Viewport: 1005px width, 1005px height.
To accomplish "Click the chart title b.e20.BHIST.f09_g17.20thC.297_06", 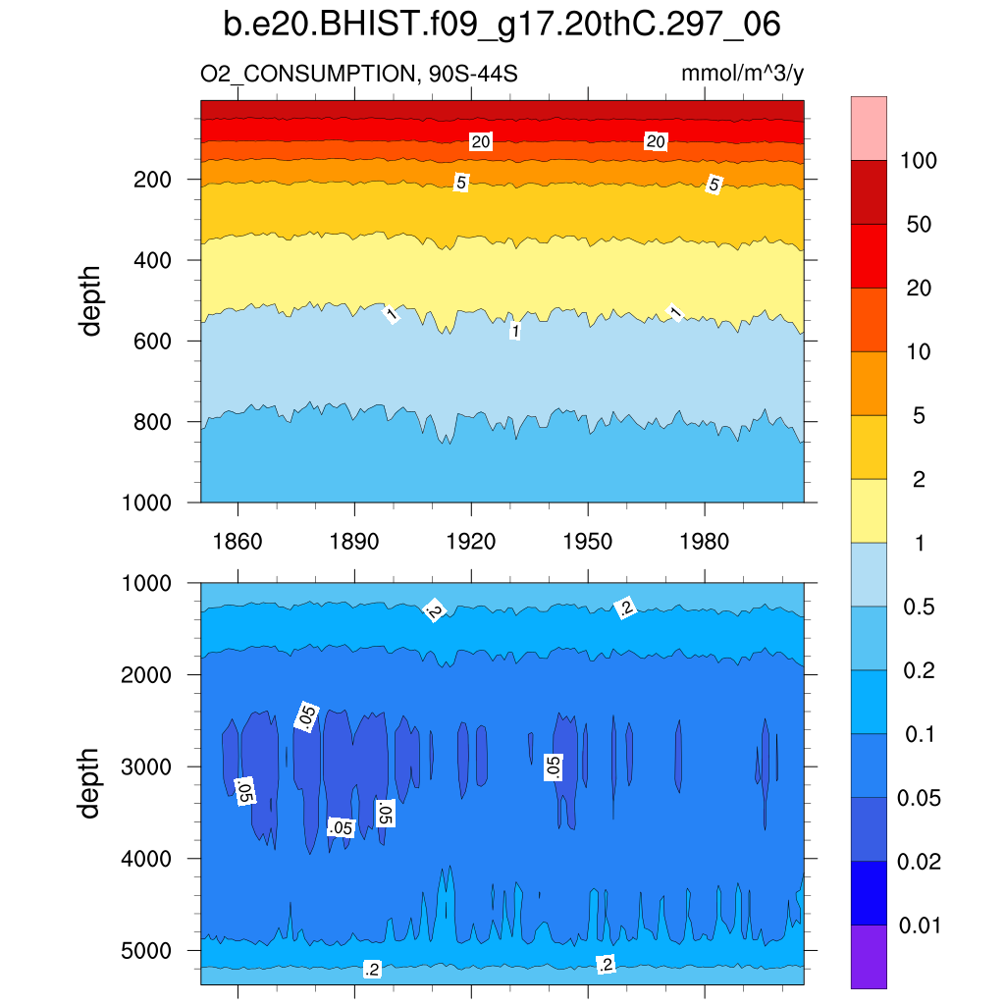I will tap(502, 25).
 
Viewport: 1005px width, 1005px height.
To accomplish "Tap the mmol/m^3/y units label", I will tap(743, 74).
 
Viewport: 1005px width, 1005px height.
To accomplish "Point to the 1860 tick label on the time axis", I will tap(238, 542).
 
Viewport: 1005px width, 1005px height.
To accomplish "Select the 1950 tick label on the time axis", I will tap(587, 542).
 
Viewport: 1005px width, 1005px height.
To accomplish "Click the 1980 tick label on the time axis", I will tap(704, 542).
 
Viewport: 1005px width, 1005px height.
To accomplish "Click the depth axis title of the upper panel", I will tap(91, 300).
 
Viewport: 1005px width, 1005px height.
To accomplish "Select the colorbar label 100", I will tap(920, 161).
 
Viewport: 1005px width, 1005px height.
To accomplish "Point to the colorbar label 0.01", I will tap(920, 926).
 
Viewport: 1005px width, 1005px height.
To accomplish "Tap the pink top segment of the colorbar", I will tap(869, 128).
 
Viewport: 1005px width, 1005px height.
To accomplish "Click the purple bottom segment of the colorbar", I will tap(869, 956).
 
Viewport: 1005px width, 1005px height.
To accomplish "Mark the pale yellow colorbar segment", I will tap(869, 510).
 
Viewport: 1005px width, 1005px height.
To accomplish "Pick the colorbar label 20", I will tap(920, 289).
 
